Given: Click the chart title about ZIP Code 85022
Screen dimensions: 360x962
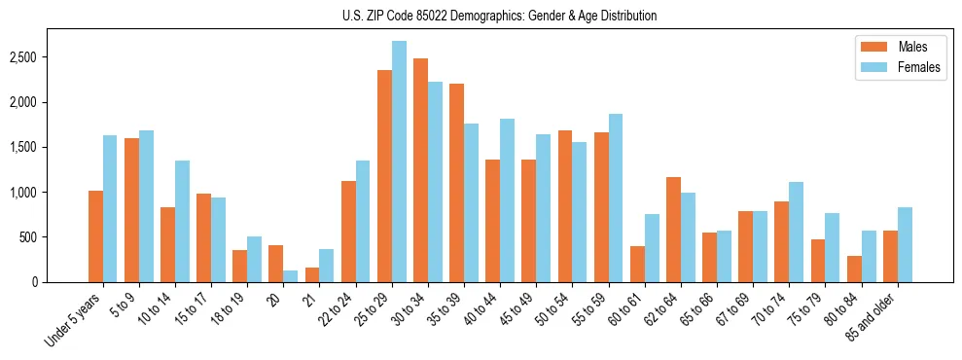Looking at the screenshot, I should point(499,16).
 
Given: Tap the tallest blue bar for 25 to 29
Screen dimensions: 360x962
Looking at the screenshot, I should point(399,162).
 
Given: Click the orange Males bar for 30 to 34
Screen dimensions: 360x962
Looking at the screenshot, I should point(420,170).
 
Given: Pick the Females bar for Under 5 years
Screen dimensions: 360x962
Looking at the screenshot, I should point(110,208).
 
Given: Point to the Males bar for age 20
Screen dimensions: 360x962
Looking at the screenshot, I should point(276,264).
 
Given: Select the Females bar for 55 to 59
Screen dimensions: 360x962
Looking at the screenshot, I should point(616,198).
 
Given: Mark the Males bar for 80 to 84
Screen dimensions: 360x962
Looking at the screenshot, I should point(854,270).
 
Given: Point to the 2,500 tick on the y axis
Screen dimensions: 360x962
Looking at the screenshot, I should point(51,57).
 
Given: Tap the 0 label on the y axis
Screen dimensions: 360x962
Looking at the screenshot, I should point(60,282).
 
